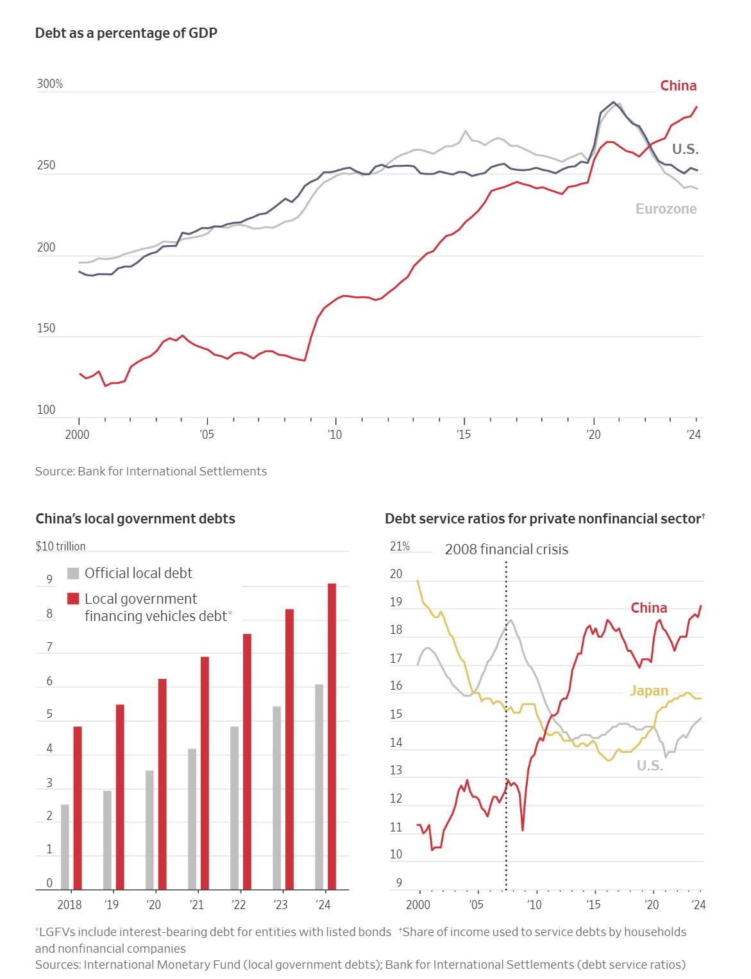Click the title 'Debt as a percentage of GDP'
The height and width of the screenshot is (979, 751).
click(126, 33)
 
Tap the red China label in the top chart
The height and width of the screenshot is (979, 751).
click(678, 85)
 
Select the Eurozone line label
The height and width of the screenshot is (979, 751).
click(666, 209)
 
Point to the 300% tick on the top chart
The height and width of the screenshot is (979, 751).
click(49, 84)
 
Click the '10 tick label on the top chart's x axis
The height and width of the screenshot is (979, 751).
click(334, 434)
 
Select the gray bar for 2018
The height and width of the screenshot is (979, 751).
click(65, 846)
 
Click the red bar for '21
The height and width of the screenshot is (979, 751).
click(205, 772)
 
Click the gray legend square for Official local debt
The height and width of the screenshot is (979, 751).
click(73, 573)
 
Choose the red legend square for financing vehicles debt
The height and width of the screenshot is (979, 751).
click(73, 599)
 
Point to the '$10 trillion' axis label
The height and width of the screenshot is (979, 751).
click(60, 546)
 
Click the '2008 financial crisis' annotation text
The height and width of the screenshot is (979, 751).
click(506, 549)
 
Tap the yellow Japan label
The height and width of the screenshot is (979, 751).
click(648, 690)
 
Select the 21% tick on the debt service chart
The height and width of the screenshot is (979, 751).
click(400, 546)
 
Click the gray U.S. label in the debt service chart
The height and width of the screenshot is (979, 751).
click(650, 765)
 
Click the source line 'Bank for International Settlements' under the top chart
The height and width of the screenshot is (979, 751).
click(151, 471)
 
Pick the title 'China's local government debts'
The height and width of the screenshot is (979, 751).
click(135, 518)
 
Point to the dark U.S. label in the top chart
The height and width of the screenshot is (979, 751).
click(685, 149)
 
